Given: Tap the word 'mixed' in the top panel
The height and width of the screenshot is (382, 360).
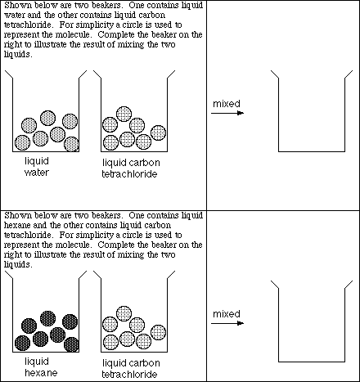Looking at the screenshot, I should [226, 104].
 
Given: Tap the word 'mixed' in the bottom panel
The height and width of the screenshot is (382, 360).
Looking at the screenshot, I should [226, 313].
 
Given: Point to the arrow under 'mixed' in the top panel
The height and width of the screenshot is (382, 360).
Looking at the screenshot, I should [227, 114].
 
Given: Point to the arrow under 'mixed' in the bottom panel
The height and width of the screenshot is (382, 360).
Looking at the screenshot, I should [227, 323].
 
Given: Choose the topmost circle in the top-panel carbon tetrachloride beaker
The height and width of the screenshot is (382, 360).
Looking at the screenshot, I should [124, 113].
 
